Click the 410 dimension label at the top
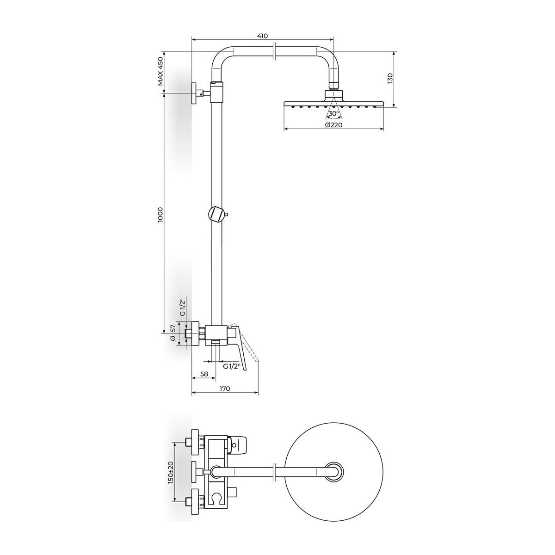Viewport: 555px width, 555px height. pos(262,36)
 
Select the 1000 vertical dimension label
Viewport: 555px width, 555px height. pos(160,214)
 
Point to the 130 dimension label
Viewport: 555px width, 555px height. pos(390,79)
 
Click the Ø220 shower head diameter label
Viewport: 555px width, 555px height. pos(333,125)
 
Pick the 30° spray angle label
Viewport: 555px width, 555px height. pos(334,113)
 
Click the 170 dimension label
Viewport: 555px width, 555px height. pos(225,388)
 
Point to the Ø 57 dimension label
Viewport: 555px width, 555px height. pos(173,333)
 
